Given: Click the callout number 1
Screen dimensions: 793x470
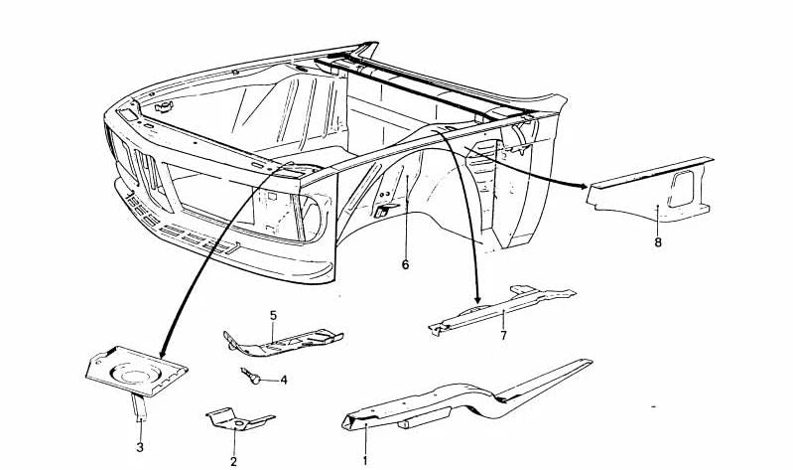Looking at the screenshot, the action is pos(364,460).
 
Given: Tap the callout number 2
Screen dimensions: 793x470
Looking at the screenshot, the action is pos(233,461).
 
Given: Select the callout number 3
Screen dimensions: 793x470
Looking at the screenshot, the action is pos(140,447).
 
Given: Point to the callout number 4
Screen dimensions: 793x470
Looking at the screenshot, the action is pos(284,380).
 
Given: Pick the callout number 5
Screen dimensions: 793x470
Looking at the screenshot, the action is pos(273,316).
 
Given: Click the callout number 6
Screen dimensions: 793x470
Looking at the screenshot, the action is pos(405,264).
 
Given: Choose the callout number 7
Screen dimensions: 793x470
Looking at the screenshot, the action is pos(503,335).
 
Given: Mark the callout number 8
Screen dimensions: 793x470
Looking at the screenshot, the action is pos(657,242).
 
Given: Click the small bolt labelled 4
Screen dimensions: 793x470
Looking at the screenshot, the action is pos(250,376).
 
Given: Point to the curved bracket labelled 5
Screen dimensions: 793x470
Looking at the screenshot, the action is pos(281,343).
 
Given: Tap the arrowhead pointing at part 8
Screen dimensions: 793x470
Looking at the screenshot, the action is pos(584,187).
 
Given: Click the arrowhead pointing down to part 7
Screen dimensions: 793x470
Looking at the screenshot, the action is pos(477,300).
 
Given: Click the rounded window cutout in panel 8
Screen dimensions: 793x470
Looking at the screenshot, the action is pos(680,189).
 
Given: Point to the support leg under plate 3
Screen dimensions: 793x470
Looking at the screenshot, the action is pos(139,406).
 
